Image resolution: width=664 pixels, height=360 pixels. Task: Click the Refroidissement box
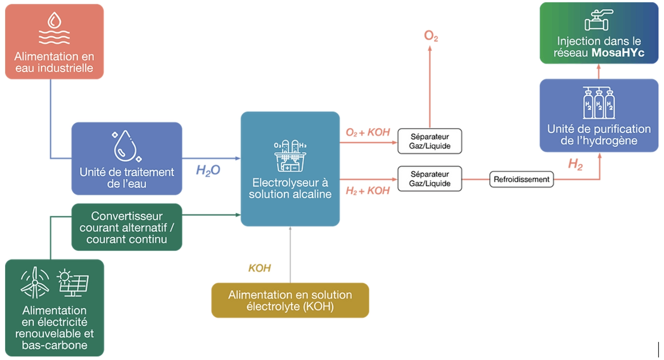pos(521,179)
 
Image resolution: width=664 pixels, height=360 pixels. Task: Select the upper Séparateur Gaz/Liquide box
pos(430,141)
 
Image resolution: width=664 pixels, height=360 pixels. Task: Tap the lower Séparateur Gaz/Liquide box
pos(430,179)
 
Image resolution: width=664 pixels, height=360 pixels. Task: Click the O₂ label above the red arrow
pos(431,36)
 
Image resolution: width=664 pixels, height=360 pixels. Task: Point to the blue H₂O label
pos(208,170)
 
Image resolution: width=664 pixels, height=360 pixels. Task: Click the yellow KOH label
pos(259,268)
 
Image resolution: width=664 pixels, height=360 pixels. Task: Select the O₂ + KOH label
pos(368,132)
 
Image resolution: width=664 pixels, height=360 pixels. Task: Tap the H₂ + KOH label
pos(368,191)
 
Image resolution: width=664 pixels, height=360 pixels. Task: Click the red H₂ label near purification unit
pos(575,164)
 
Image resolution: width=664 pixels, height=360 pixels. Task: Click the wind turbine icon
pos(35,283)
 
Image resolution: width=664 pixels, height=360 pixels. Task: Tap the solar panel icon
pos(73,283)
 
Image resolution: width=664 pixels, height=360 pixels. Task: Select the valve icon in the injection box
pos(598,20)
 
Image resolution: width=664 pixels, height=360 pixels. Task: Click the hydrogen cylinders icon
pos(599,103)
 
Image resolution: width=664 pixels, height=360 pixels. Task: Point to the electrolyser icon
pos(290,156)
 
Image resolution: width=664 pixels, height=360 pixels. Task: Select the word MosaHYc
pos(618,53)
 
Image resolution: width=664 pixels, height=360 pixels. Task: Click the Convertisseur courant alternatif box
pos(127,227)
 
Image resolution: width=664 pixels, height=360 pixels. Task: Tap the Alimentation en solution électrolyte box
pos(290,300)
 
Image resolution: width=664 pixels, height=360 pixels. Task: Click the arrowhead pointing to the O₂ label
pos(430,48)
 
